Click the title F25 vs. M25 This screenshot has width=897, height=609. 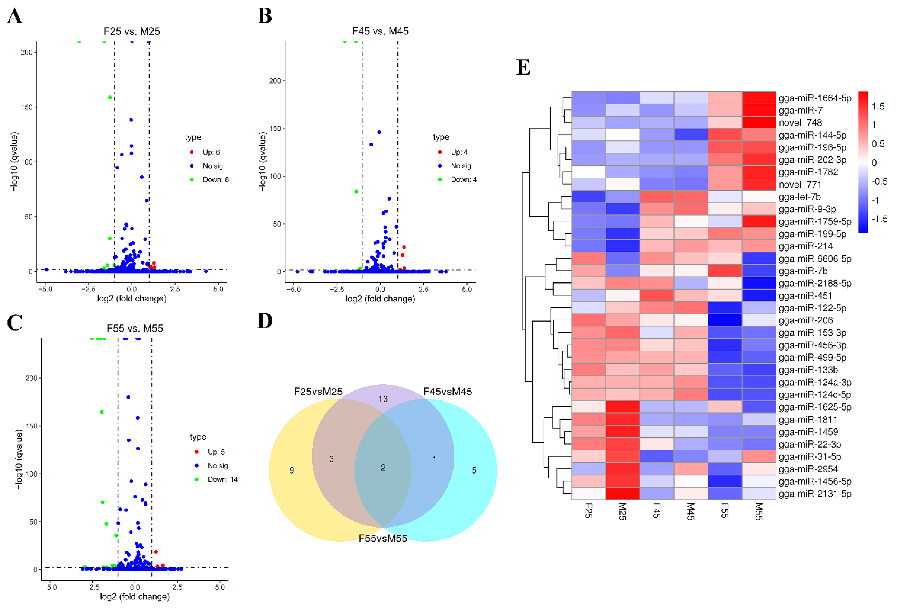point(132,31)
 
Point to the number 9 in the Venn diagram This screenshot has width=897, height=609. point(292,470)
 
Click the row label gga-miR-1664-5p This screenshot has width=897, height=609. point(815,98)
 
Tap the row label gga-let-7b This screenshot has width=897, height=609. point(799,197)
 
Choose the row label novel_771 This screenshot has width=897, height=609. point(800,184)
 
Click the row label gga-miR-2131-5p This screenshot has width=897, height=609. point(815,494)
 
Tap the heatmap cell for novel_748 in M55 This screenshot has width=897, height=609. point(759,123)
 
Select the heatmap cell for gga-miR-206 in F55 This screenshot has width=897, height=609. point(725,320)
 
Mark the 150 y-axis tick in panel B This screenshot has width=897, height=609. point(275,128)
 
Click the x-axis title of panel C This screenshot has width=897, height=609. point(135,597)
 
